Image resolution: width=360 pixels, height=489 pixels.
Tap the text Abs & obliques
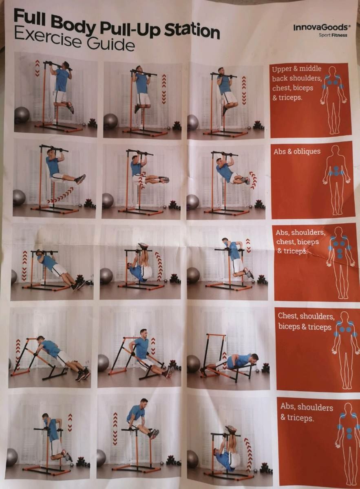[x=297, y=151]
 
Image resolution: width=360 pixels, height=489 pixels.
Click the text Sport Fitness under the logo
[x=333, y=35]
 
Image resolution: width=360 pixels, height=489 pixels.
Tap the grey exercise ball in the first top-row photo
[x=22, y=115]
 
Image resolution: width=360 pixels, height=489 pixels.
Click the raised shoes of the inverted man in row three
[x=143, y=246]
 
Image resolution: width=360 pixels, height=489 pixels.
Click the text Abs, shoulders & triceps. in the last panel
[x=307, y=412]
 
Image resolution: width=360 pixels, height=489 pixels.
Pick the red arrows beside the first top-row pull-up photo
[x=38, y=68]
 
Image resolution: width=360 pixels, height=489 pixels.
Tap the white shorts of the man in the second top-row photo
[x=144, y=99]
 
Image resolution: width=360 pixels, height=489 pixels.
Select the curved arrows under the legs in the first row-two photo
[x=60, y=195]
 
